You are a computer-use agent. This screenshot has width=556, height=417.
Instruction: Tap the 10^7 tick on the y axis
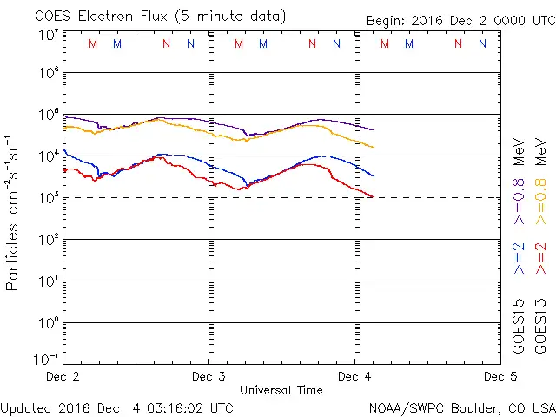click(48, 35)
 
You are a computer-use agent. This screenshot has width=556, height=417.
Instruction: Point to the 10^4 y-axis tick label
click(48, 156)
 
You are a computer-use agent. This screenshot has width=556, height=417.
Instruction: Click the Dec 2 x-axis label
click(63, 377)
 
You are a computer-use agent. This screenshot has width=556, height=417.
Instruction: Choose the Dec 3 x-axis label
click(208, 377)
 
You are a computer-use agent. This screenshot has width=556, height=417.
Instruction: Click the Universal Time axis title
click(281, 390)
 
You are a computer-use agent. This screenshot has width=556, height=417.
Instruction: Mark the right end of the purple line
click(374, 130)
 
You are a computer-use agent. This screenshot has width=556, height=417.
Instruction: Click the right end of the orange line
click(374, 147)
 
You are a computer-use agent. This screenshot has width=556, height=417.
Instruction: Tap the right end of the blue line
click(374, 175)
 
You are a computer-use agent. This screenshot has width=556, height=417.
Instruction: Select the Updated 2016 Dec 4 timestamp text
click(117, 407)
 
